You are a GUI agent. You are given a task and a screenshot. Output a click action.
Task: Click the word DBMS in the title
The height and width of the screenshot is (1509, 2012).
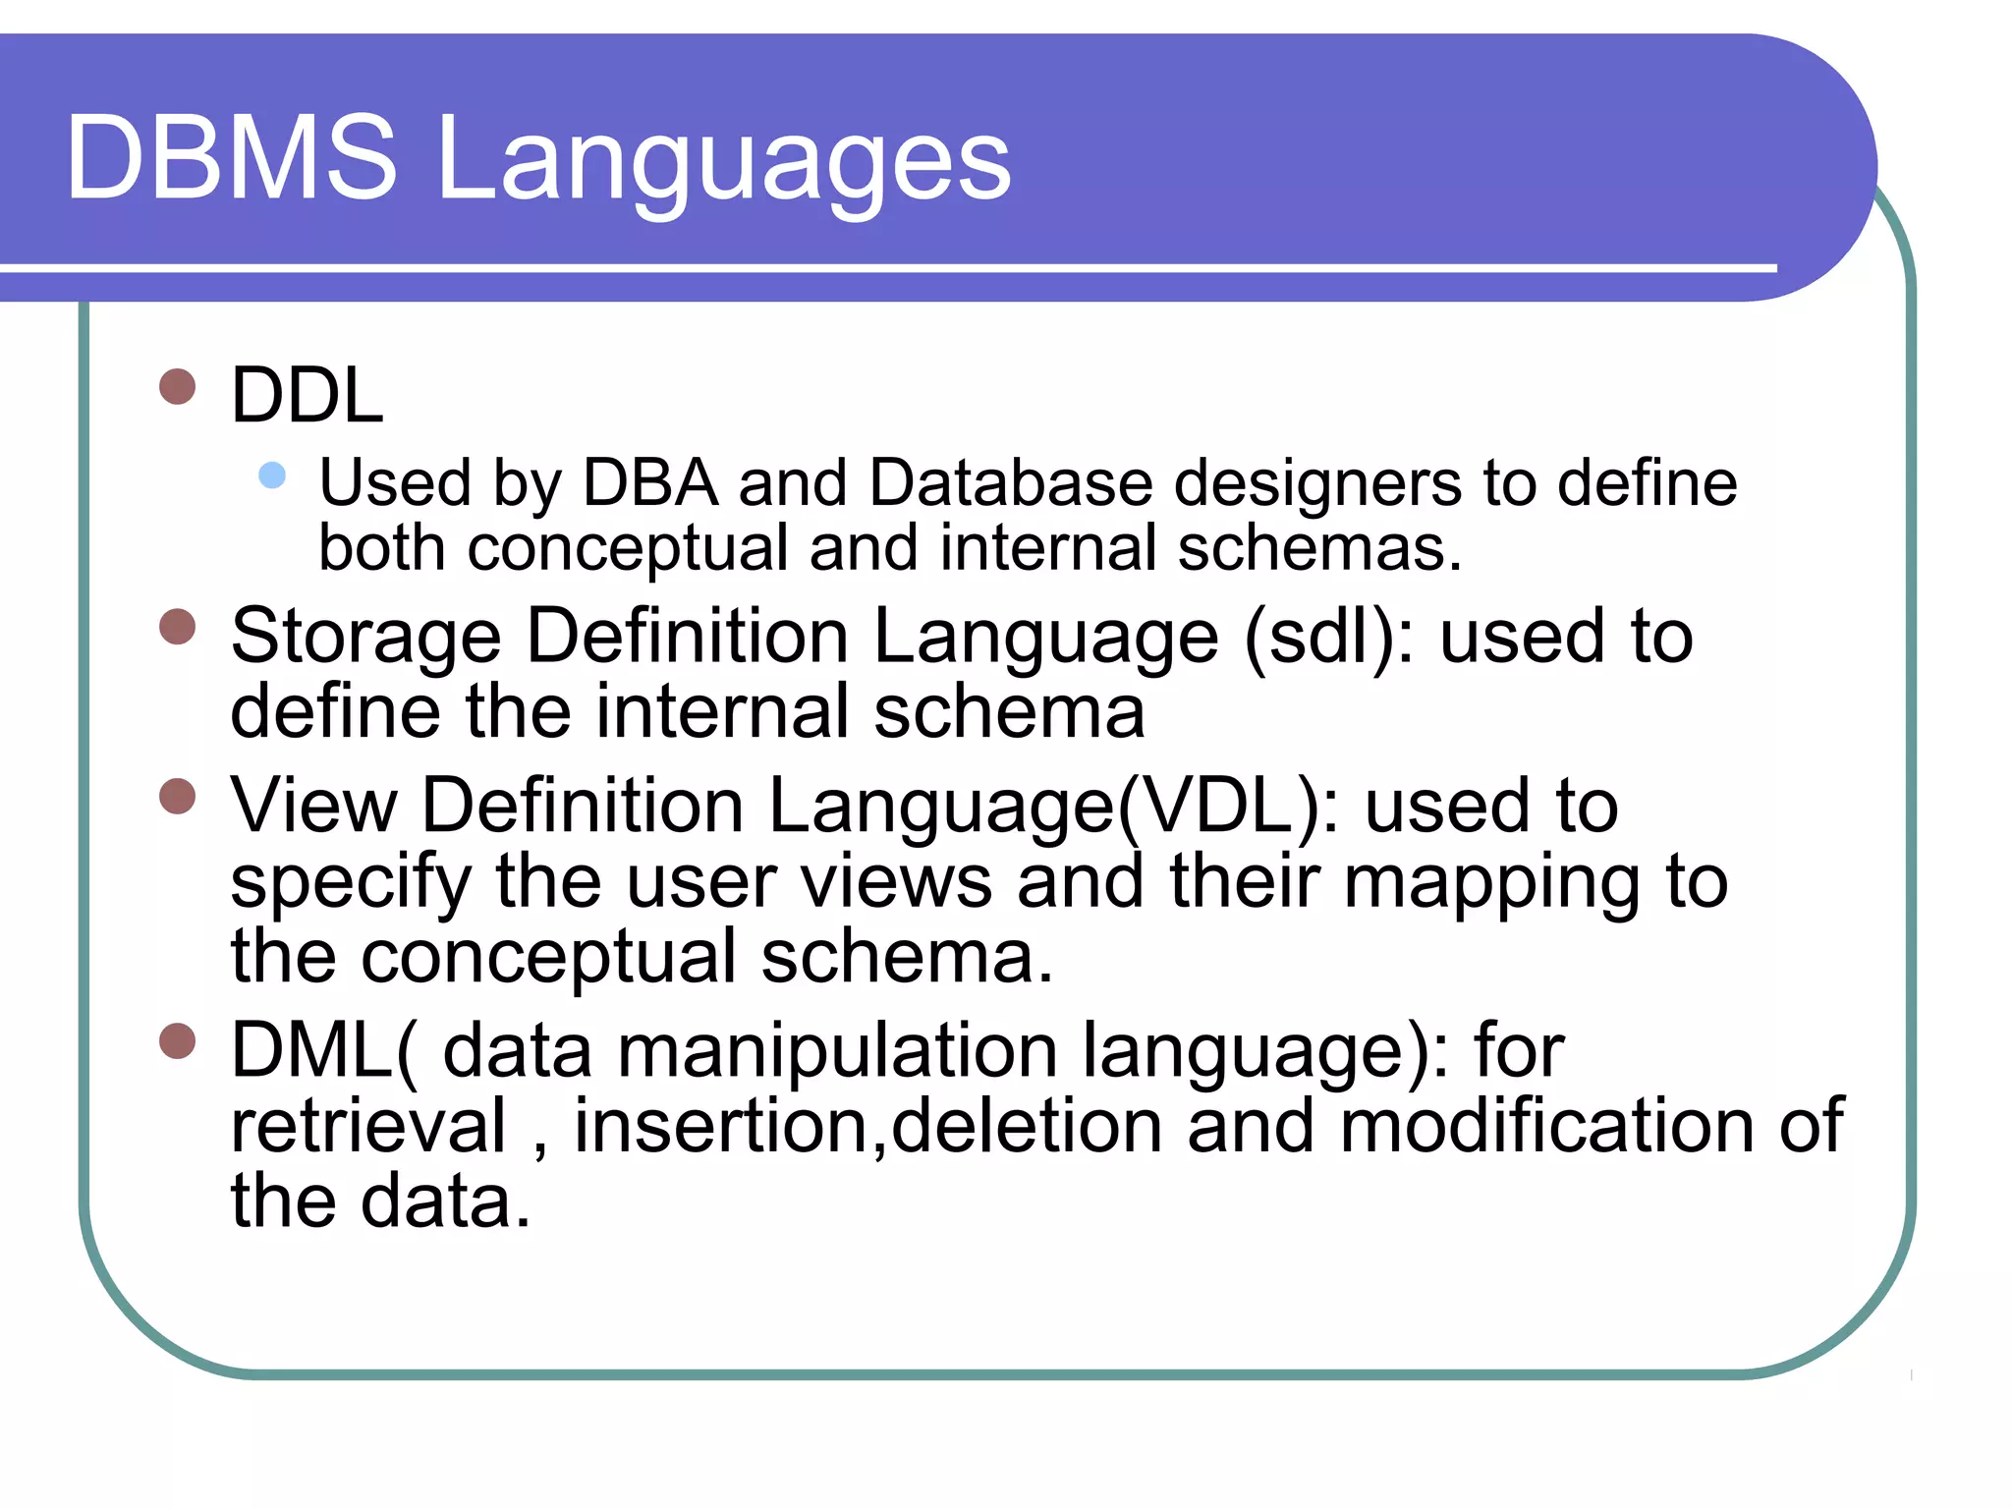pos(232,157)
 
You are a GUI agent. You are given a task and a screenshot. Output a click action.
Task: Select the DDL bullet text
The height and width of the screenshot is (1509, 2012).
pos(307,395)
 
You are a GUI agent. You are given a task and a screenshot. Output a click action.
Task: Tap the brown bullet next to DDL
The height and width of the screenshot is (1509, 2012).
pos(178,386)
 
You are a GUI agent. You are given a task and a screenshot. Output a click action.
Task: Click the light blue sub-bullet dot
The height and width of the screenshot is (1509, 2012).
pos(272,476)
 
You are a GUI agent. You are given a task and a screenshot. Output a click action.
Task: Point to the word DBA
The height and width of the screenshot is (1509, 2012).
pos(650,483)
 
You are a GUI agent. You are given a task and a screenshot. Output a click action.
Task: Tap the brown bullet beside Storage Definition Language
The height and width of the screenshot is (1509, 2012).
pos(178,626)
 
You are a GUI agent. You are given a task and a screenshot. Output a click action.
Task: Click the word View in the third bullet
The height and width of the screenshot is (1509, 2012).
pos(313,807)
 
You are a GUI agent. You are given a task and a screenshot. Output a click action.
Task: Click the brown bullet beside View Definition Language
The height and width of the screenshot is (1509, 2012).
pos(178,796)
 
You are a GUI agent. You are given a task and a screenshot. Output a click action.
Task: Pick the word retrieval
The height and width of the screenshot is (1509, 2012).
pos(369,1126)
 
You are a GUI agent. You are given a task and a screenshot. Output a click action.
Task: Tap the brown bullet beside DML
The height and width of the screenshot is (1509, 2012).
pos(178,1041)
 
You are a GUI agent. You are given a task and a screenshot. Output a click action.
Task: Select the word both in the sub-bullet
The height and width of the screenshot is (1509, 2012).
pos(381,548)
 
